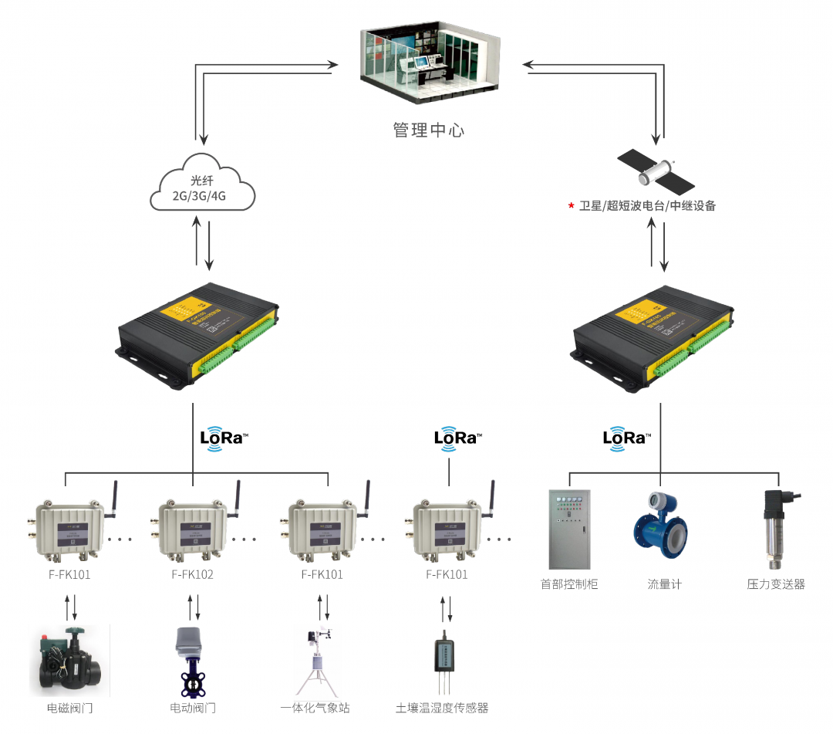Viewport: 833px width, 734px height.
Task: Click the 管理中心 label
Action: click(429, 130)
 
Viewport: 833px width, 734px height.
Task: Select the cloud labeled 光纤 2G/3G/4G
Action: click(202, 185)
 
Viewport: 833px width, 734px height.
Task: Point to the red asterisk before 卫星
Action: click(571, 206)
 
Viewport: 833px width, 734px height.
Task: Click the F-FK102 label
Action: click(192, 574)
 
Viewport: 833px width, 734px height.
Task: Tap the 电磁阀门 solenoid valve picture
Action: click(69, 661)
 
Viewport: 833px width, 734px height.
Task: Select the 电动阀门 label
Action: click(192, 708)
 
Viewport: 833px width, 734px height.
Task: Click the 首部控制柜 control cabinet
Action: click(568, 529)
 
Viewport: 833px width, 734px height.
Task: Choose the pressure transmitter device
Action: click(774, 529)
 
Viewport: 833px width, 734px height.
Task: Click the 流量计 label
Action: click(664, 584)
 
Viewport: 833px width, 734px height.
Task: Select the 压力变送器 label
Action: click(775, 584)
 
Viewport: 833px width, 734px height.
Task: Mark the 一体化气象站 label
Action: click(315, 708)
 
